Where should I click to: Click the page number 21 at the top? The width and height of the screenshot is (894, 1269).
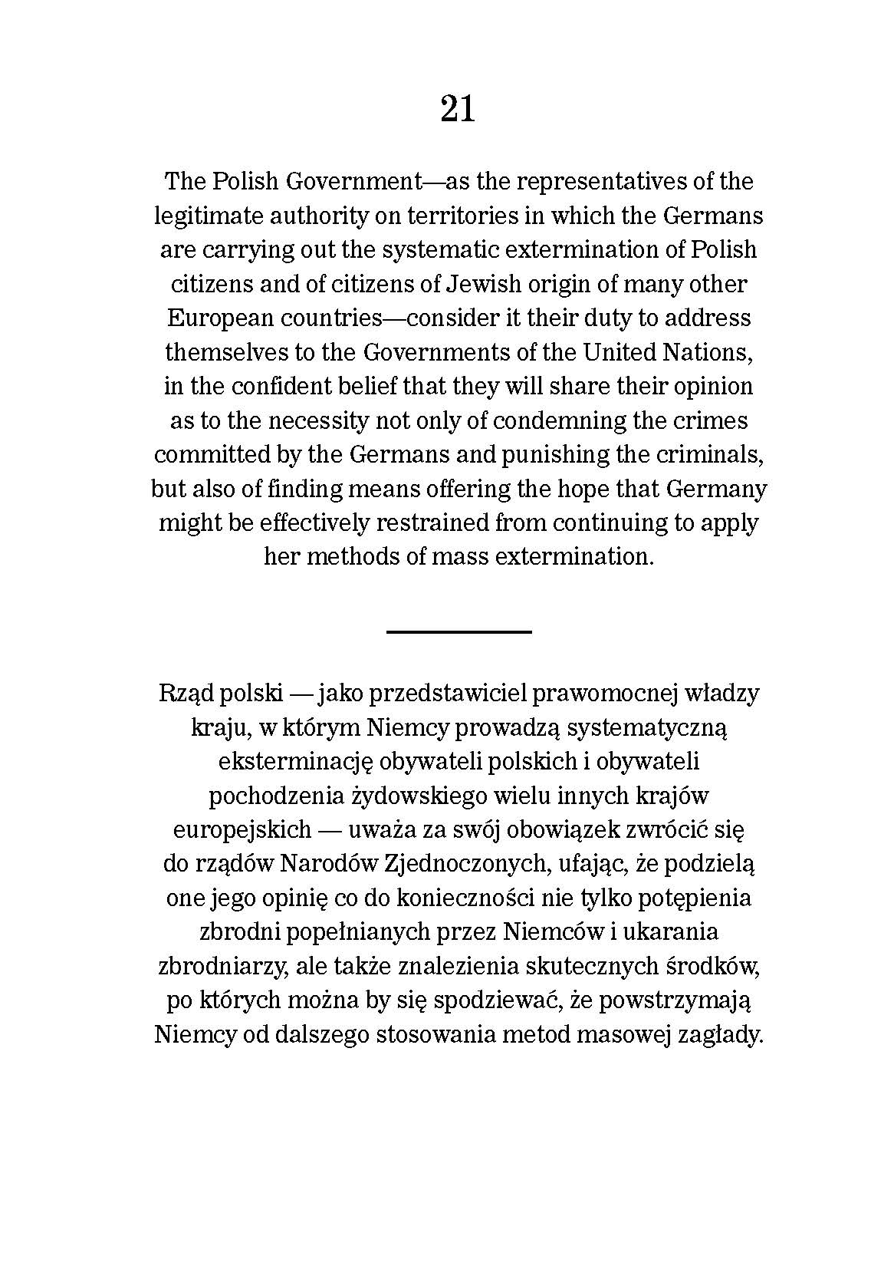coord(458,108)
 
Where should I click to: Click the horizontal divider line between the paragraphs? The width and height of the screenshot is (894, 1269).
coord(459,631)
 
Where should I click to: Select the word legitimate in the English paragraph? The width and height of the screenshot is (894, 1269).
coord(201,216)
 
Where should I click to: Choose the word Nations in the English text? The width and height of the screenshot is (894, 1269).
coord(702,352)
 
